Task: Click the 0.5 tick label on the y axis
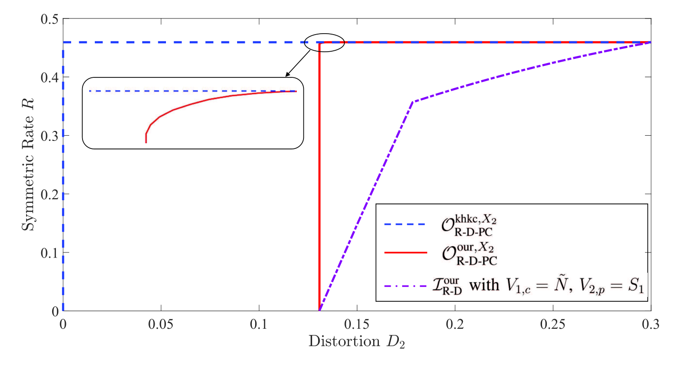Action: pyautogui.click(x=50, y=19)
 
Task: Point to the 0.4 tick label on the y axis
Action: pyautogui.click(x=50, y=77)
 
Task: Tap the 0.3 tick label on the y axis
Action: pyautogui.click(x=50, y=136)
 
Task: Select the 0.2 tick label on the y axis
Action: pyautogui.click(x=50, y=194)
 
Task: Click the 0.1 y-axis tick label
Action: pyautogui.click(x=50, y=253)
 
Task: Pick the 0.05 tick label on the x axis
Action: pyautogui.click(x=161, y=324)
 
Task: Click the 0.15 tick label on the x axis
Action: pyautogui.click(x=357, y=324)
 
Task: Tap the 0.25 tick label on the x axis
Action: pyautogui.click(x=553, y=324)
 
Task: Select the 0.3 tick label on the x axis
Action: pyautogui.click(x=651, y=324)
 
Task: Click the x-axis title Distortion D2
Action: pyautogui.click(x=357, y=341)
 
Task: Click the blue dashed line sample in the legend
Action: pyautogui.click(x=405, y=224)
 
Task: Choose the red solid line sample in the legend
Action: pyautogui.click(x=405, y=252)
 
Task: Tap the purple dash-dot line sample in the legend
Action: pyautogui.click(x=405, y=286)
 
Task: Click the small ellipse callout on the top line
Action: pyautogui.click(x=324, y=34)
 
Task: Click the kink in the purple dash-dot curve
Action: pyautogui.click(x=413, y=102)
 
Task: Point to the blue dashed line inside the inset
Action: pyautogui.click(x=193, y=91)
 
